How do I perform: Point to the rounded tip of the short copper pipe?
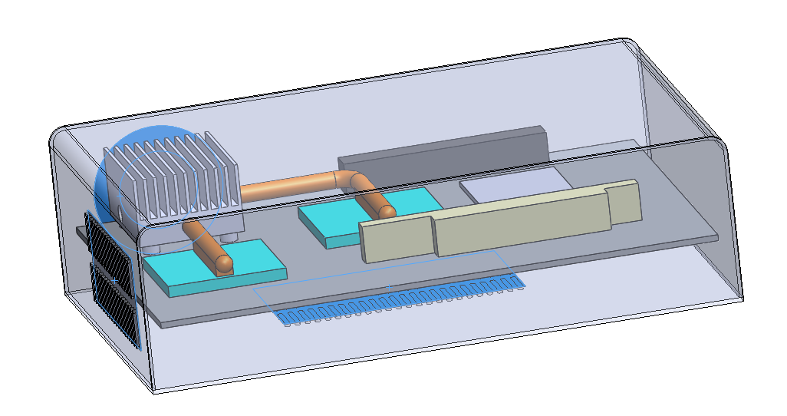tap(224, 263)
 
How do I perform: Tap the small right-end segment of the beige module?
tap(623, 201)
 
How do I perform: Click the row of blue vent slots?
tap(399, 303)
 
